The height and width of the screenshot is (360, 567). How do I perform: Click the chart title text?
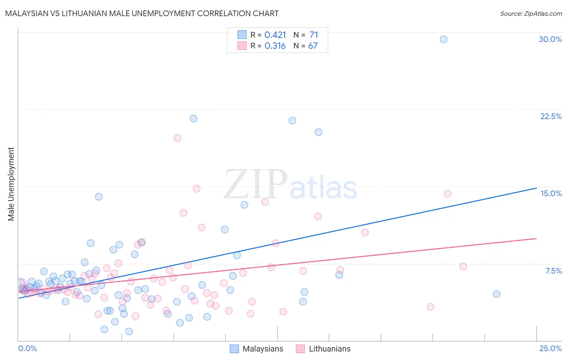[x=142, y=13]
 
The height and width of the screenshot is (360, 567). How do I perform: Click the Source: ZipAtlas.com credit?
[x=531, y=13]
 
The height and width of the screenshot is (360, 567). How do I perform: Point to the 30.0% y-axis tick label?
[x=550, y=39]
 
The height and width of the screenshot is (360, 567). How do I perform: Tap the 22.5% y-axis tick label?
[x=551, y=116]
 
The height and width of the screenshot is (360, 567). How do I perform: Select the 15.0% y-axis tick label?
[x=551, y=193]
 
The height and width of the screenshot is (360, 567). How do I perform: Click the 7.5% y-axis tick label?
[x=553, y=271]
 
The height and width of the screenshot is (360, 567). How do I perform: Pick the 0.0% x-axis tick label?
[x=27, y=348]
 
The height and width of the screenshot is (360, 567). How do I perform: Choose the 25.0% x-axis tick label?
[x=550, y=348]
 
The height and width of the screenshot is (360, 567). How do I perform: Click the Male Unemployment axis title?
[x=11, y=184]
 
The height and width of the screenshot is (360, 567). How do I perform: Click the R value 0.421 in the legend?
[x=275, y=35]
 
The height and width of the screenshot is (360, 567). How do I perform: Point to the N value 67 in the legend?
[x=313, y=46]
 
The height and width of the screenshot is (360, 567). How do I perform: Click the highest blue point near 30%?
[x=443, y=39]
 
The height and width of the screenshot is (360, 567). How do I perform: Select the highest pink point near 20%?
[x=177, y=138]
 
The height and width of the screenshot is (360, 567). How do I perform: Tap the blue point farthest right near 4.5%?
[x=496, y=294]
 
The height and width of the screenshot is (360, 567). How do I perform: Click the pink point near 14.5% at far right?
[x=447, y=194]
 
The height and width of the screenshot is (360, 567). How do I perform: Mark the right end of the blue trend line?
[x=536, y=188]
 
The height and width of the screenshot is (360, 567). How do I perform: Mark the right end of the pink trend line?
[x=536, y=239]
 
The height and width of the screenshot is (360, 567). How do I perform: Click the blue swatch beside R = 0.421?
[x=242, y=35]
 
